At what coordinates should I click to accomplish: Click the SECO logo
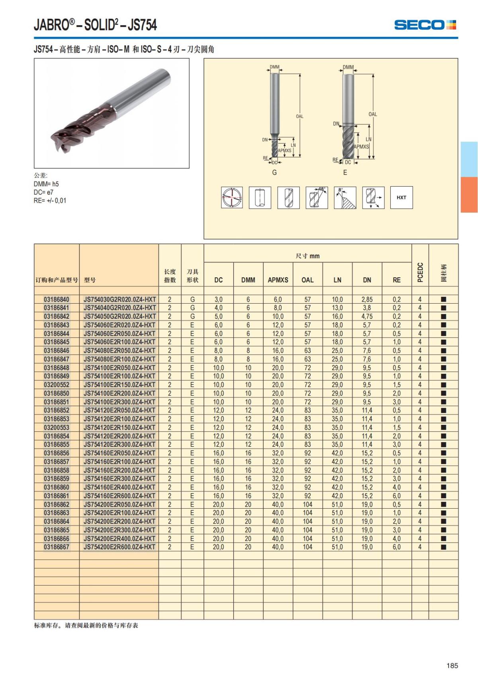(x=425, y=25)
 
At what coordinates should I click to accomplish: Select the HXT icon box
(x=402, y=197)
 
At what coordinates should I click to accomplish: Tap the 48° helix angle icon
(x=317, y=197)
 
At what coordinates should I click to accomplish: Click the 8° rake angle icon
(x=345, y=197)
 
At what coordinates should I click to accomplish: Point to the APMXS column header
(x=278, y=280)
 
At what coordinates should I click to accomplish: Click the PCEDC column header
(x=420, y=272)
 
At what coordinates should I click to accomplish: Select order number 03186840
(x=57, y=300)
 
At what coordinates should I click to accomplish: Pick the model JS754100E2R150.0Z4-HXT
(x=119, y=385)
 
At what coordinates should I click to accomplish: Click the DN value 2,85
(x=367, y=300)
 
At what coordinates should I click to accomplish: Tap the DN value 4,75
(x=367, y=316)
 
